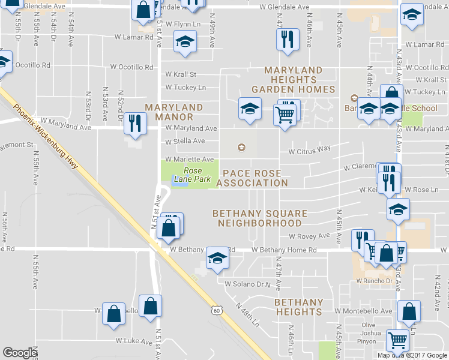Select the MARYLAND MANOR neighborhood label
(x=173, y=112)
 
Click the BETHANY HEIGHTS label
(x=299, y=307)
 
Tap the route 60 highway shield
(x=217, y=310)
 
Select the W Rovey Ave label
(x=310, y=236)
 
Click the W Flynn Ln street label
(x=183, y=25)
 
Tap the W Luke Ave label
(x=134, y=341)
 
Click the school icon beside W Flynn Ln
(x=185, y=42)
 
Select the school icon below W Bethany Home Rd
(x=217, y=259)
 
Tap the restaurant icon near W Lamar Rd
(x=288, y=39)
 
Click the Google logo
(x=20, y=353)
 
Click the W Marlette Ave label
(x=190, y=159)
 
